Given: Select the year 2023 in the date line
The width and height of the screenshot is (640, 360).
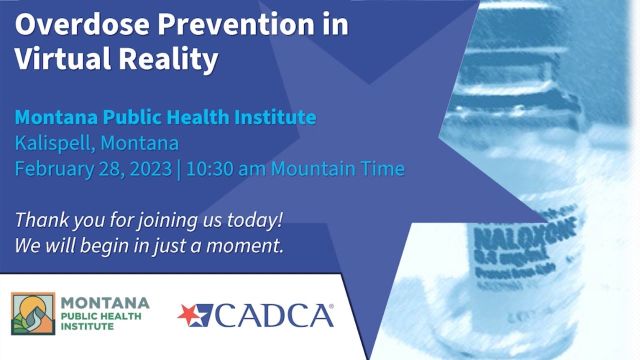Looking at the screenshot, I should click(150, 169).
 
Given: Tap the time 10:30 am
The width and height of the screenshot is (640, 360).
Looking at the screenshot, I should click(226, 169).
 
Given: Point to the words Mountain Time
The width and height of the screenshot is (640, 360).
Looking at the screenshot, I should click(338, 169).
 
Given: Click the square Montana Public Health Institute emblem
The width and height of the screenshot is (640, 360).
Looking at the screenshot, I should click(33, 313).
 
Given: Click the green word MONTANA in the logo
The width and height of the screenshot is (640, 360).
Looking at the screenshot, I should click(105, 303).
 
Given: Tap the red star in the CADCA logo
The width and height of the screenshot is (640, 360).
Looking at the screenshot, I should click(189, 314).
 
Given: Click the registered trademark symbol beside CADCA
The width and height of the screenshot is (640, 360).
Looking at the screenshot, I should click(331, 306).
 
